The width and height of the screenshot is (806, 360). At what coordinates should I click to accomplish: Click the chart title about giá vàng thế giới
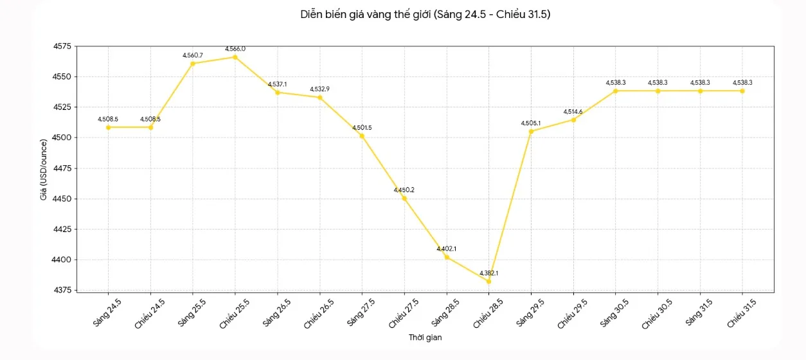[x=425, y=14]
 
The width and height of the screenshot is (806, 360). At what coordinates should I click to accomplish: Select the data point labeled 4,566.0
[x=235, y=57]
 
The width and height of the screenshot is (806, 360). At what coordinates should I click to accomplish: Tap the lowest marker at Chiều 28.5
[x=488, y=282]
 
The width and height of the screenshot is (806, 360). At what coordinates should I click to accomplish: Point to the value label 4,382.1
[x=488, y=273]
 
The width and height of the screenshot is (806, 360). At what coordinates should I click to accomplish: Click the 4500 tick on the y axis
[x=62, y=138]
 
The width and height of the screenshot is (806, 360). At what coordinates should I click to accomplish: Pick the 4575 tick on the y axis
[x=62, y=46]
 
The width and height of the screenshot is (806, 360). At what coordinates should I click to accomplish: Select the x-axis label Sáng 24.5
[x=107, y=313]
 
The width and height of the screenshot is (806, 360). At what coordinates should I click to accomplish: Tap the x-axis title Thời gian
[x=425, y=337]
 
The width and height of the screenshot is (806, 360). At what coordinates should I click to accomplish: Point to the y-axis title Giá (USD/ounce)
[x=44, y=170]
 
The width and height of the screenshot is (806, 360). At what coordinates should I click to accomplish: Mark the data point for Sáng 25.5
[x=193, y=64]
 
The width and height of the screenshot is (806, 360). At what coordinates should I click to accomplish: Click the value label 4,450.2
[x=404, y=190]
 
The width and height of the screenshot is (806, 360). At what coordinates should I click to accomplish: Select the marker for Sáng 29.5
[x=531, y=132]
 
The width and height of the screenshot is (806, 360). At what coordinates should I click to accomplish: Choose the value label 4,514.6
[x=573, y=112]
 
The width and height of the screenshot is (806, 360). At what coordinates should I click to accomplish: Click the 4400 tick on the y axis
[x=62, y=260]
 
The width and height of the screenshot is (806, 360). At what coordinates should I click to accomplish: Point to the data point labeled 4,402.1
[x=447, y=257]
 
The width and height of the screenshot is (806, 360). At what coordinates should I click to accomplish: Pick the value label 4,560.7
[x=193, y=55]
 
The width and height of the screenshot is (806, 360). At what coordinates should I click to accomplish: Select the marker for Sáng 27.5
[x=362, y=136]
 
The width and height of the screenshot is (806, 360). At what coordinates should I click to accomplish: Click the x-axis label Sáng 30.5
[x=614, y=313]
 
